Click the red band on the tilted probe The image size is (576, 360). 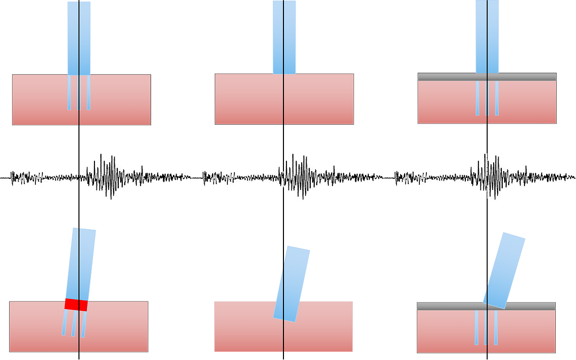pos(76,305)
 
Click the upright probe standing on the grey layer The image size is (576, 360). pos(487,35)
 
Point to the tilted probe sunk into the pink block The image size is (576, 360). pos(292,283)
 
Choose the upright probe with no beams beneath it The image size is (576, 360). pos(284,35)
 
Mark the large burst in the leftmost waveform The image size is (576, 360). pos(104,177)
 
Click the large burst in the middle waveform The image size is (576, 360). pos(298,177)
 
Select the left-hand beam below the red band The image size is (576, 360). pos(65,323)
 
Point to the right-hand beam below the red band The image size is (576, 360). pos(83,324)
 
